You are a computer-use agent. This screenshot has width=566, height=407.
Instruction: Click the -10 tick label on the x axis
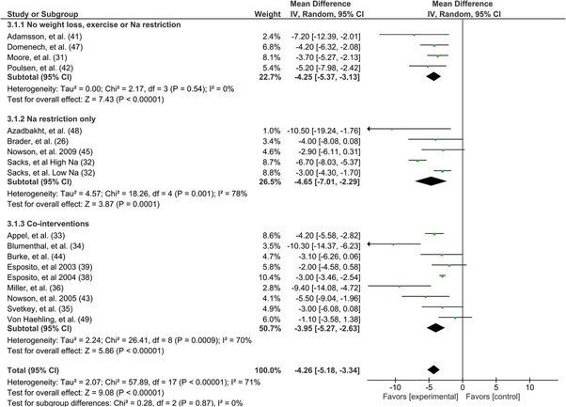(x=392, y=385)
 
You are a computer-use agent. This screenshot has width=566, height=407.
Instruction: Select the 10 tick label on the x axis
(x=530, y=385)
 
